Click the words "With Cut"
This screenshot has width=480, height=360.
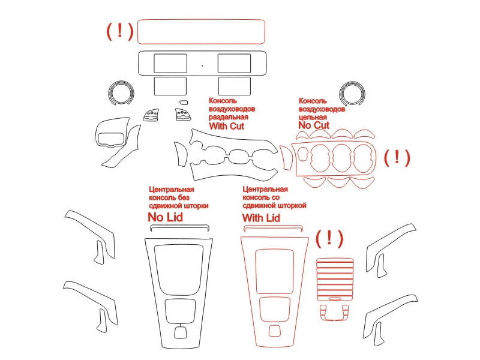click(227, 126)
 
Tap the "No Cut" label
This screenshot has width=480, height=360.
click(314, 125)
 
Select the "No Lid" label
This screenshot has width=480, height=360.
click(166, 217)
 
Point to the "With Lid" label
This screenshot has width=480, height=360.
click(261, 218)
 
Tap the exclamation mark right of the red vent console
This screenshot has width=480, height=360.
click(397, 157)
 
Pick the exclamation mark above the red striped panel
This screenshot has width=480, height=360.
click(329, 238)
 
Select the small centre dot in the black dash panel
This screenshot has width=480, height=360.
click(202, 65)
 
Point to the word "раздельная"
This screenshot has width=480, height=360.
click(229, 117)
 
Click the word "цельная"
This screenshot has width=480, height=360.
click(313, 117)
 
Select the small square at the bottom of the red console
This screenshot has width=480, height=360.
click(274, 331)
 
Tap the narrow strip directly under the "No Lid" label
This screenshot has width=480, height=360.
click(180, 226)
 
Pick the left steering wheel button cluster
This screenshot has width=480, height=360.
click(151, 115)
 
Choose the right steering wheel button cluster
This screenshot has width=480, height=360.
click(182, 115)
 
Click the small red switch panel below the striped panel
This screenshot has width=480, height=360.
click(335, 313)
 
